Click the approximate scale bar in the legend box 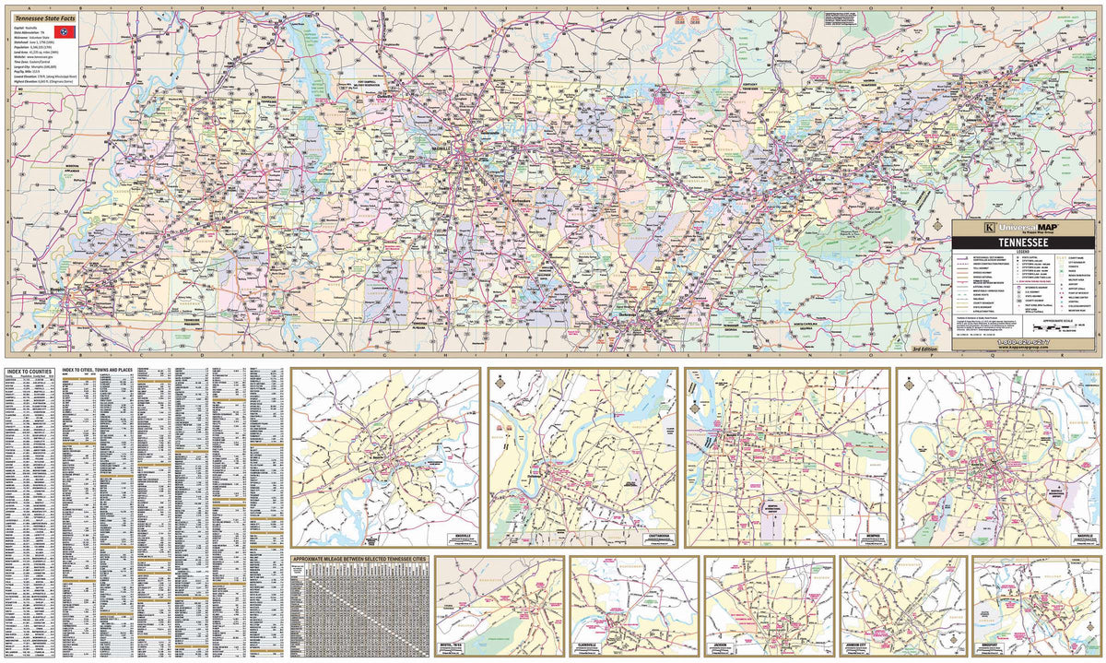point(1052,326)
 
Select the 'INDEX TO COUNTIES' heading point(29,373)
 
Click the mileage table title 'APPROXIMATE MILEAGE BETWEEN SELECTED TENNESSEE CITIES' point(359,560)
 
